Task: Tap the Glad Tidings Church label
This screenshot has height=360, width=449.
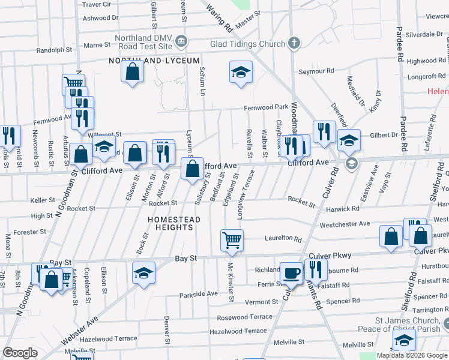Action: coord(247,44)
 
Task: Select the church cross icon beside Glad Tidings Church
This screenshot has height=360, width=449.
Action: coord(294,43)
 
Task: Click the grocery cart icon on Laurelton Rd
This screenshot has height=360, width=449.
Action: coord(232,240)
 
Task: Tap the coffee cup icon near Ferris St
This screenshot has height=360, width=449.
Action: coord(292,273)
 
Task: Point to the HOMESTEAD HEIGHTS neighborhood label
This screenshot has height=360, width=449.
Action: coord(174,224)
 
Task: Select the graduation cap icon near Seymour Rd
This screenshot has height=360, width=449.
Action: coord(241,73)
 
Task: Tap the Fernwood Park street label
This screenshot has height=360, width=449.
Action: coord(266,107)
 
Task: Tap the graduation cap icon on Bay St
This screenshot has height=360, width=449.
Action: coord(144,273)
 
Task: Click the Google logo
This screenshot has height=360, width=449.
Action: coord(20,353)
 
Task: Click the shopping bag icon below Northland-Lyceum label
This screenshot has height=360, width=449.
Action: coord(132,72)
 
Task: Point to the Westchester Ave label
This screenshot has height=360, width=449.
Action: coord(345,224)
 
